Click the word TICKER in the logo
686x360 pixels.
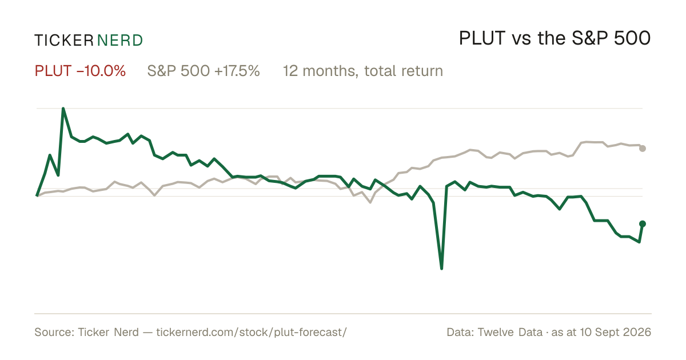point(63,41)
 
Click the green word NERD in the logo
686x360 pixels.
point(119,41)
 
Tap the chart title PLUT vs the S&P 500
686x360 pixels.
point(555,39)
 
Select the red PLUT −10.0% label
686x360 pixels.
point(80,71)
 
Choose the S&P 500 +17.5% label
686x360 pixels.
point(204,71)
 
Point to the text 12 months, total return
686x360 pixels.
point(363,71)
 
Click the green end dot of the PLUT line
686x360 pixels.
point(643,224)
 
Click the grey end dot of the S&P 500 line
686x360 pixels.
point(643,149)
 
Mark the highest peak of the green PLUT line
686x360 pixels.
point(63,109)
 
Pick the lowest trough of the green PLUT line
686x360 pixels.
point(441,269)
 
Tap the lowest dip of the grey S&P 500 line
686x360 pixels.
point(370,202)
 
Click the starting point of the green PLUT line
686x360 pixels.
point(37,195)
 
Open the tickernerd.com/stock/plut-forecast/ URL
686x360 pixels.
point(252,333)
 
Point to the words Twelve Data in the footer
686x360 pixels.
point(510,332)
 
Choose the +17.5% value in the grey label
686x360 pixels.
point(237,71)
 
